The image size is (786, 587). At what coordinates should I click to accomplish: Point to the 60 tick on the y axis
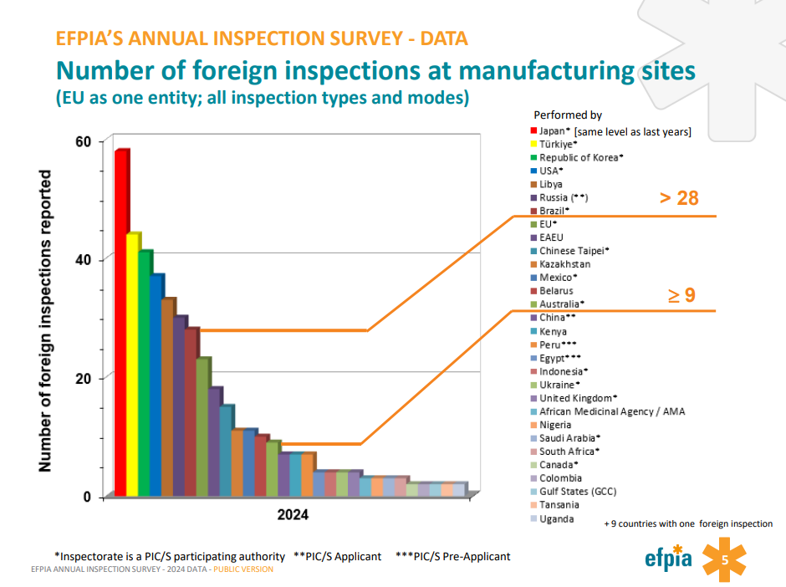click(84, 141)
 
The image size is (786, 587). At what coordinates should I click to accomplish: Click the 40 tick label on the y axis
click(84, 260)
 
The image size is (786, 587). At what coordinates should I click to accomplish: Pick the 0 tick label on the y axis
click(88, 497)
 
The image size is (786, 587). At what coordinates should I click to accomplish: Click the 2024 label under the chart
click(293, 515)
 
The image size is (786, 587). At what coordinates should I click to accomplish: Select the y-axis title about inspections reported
click(46, 321)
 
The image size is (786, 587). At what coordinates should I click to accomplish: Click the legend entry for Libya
click(550, 184)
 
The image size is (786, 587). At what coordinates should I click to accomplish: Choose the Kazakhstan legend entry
click(564, 264)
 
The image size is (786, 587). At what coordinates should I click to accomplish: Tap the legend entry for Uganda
click(556, 519)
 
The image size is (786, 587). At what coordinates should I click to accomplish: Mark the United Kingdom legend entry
click(578, 398)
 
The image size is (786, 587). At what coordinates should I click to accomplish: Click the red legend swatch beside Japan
click(533, 130)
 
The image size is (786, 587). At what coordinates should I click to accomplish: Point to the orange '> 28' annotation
click(678, 198)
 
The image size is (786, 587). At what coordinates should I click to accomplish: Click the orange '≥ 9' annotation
click(681, 294)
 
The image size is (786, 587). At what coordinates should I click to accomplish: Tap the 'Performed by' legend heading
click(568, 115)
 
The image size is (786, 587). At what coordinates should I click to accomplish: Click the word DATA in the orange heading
click(443, 38)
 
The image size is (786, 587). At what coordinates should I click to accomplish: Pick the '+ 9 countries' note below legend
click(687, 523)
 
